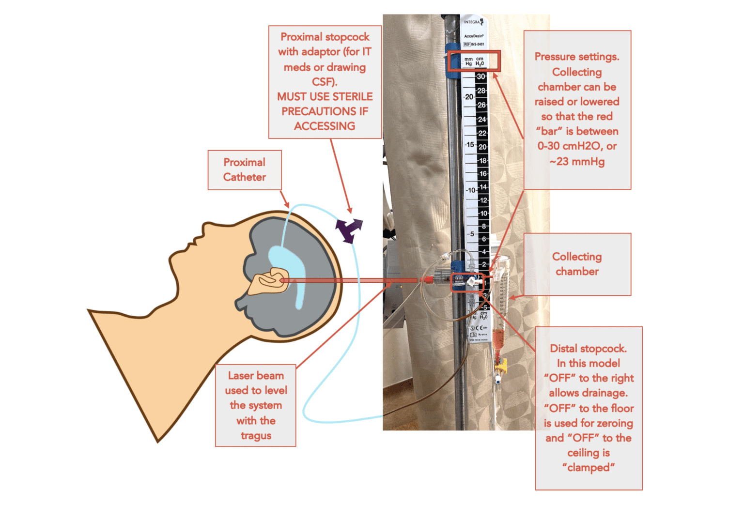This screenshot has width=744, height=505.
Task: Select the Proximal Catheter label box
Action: point(244,170)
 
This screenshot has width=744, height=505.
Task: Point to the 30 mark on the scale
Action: point(480,77)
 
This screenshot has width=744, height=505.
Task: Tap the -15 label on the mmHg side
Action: point(469,144)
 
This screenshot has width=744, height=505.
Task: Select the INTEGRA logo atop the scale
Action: point(473,22)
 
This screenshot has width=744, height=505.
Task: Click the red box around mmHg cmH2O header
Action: point(473,61)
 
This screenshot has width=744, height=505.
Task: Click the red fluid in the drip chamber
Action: point(497,339)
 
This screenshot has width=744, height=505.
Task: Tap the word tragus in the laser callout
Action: point(256,436)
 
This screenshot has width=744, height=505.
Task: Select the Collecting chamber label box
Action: point(577,264)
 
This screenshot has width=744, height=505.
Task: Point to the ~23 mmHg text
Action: point(577,161)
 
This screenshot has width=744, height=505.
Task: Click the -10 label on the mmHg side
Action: point(470,190)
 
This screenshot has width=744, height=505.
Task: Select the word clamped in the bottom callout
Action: point(589,468)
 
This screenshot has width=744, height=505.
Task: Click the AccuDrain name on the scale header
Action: point(473,36)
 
